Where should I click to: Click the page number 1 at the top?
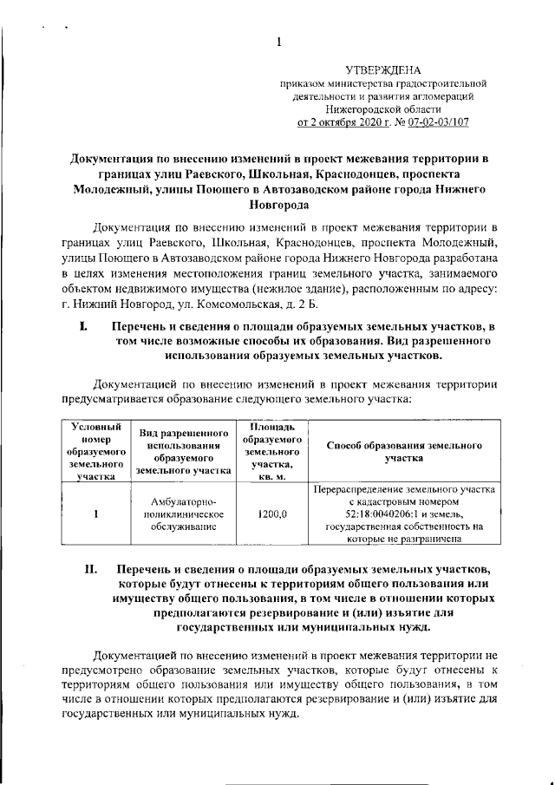click(277, 43)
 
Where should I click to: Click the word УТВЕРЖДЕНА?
click(382, 69)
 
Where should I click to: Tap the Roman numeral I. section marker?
click(84, 327)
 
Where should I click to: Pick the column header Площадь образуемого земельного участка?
click(272, 451)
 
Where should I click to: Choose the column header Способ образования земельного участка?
click(403, 451)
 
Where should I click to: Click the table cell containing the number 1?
click(96, 514)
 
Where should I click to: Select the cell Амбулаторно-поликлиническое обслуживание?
click(183, 514)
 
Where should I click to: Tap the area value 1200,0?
click(272, 514)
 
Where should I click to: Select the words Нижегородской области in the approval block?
click(382, 109)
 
